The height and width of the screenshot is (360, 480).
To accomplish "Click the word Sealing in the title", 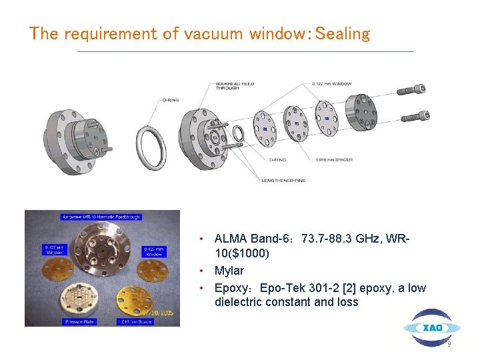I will tap(343, 33).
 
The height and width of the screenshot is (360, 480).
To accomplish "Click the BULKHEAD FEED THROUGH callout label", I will tap(234, 85).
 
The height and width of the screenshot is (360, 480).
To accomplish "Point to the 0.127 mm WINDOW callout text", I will tap(331, 83).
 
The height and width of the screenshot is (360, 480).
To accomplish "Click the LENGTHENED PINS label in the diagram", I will tap(283, 181).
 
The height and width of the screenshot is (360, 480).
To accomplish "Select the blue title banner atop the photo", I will tap(101, 216).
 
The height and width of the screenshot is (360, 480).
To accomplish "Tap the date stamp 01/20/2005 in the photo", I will tap(158, 311).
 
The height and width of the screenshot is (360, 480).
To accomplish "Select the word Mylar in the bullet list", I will tap(229, 271).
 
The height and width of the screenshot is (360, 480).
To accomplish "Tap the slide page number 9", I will tap(449, 345).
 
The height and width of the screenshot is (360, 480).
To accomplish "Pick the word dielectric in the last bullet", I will tap(239, 302).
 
